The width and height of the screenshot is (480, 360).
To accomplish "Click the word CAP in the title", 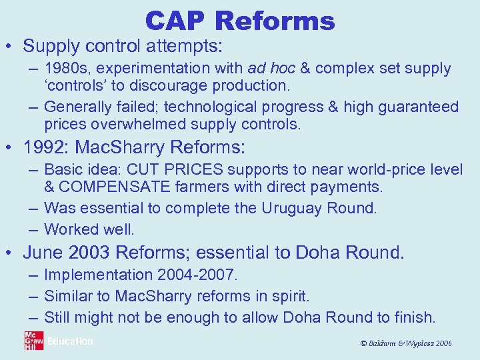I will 176,21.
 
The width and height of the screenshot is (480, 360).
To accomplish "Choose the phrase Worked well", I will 89,229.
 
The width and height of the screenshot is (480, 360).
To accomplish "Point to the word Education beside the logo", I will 70,341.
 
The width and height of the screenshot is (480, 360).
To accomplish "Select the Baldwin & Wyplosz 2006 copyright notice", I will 405,343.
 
